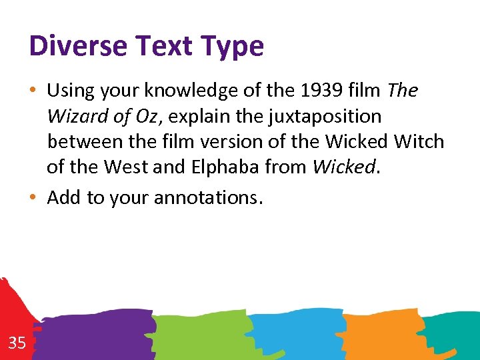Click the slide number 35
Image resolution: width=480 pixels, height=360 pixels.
point(17,343)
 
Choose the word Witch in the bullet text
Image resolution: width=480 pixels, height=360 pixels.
point(418,141)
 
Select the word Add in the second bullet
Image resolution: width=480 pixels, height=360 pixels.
point(63,197)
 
